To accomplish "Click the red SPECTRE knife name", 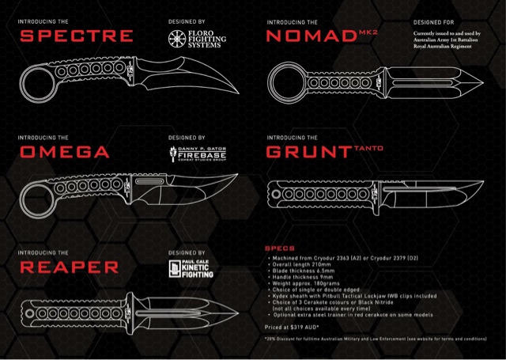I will coord(76,36).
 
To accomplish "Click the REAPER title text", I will coord(69,267).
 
